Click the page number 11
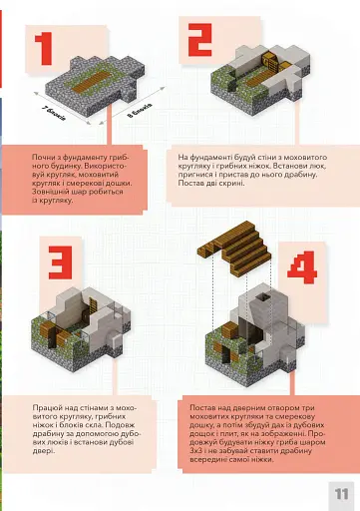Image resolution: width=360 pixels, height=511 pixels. [340, 492]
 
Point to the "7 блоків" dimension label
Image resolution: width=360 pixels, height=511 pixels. [55, 110]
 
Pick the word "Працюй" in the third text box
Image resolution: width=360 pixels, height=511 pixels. [46, 407]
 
